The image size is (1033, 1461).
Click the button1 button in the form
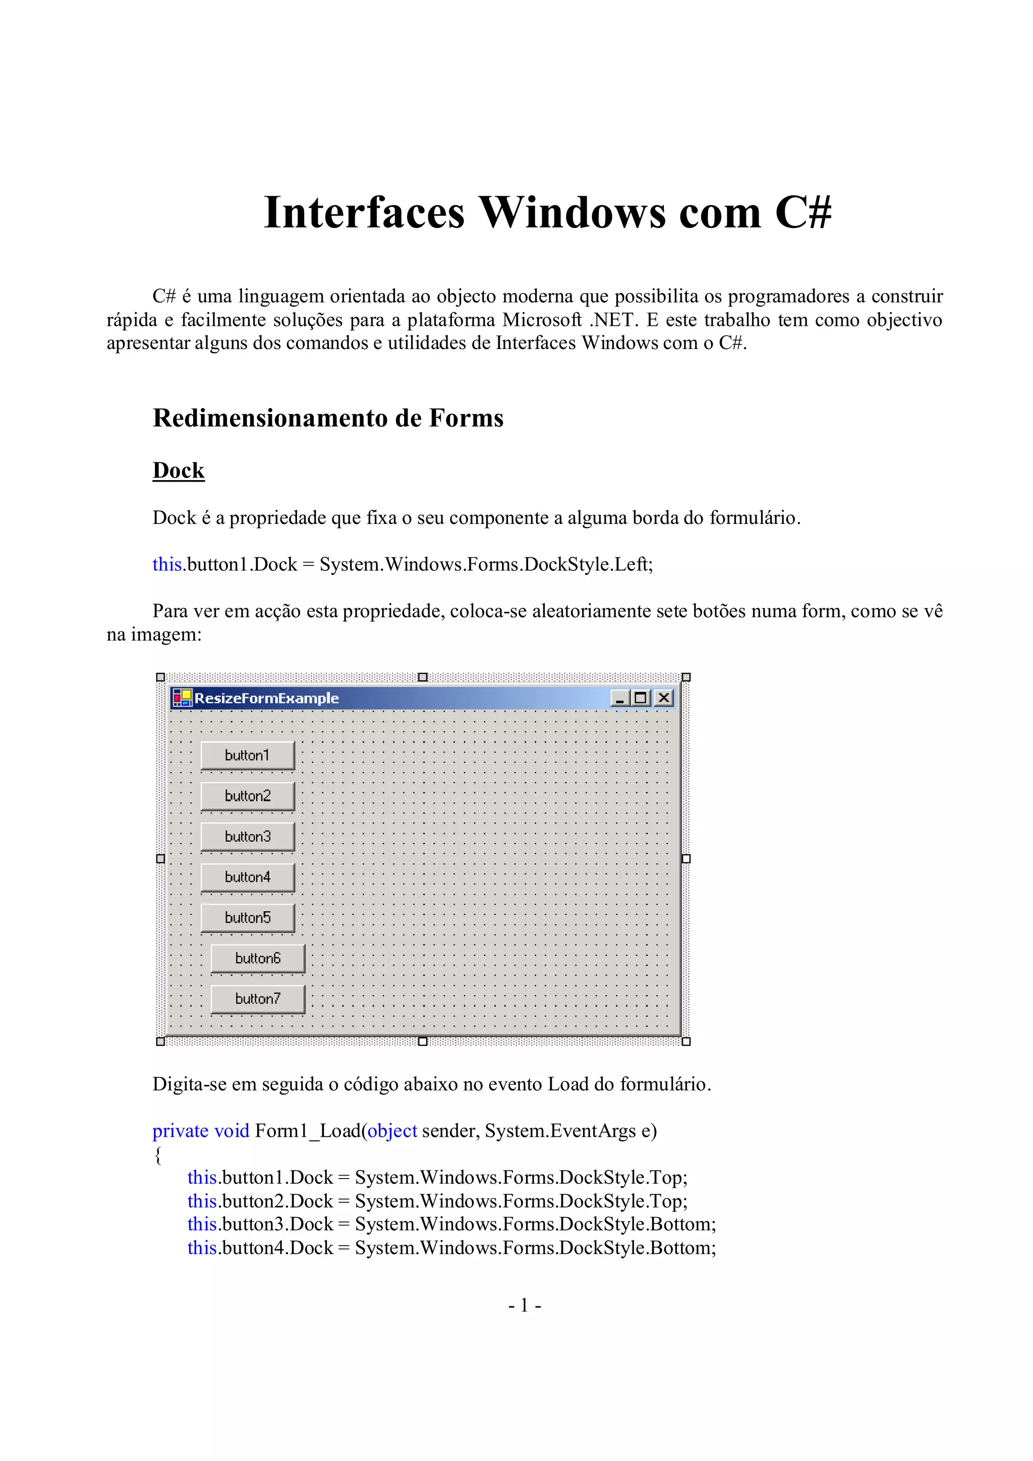click(248, 755)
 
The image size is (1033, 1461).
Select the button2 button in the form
click(248, 796)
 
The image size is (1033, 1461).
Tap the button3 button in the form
click(248, 837)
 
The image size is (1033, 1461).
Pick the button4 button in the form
click(248, 878)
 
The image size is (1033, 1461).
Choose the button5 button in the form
click(248, 917)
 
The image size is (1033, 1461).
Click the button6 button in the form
click(258, 958)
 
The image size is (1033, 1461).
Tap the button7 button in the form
click(258, 999)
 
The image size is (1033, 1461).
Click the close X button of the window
click(663, 698)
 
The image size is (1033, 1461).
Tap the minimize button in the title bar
click(620, 698)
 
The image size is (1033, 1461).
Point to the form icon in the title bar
click(182, 698)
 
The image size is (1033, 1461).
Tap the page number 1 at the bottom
click(525, 1306)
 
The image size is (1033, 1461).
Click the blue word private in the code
click(181, 1131)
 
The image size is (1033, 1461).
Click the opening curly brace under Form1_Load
click(158, 1155)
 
